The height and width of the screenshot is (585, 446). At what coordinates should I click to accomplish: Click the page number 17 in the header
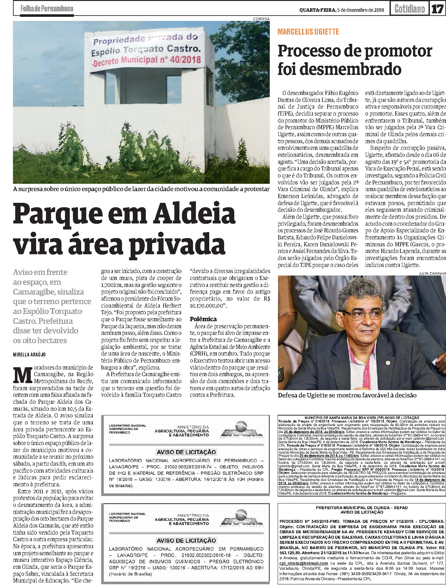tap(437, 9)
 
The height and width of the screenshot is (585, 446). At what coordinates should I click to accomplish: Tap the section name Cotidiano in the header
tap(410, 9)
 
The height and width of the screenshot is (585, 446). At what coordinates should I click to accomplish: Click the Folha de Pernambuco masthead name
tap(47, 9)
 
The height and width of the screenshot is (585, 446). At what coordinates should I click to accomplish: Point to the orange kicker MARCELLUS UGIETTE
tap(308, 32)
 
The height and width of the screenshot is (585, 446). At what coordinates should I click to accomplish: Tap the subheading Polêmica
tap(203, 319)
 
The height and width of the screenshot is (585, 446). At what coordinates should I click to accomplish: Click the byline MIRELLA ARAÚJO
tap(29, 355)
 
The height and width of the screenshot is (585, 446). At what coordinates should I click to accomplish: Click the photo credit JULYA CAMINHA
tap(432, 273)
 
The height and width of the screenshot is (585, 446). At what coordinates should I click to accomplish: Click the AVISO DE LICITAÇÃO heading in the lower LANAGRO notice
tap(186, 540)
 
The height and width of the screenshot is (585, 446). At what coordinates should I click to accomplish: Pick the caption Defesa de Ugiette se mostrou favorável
tap(347, 395)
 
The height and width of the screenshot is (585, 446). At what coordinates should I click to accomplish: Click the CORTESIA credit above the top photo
tap(261, 19)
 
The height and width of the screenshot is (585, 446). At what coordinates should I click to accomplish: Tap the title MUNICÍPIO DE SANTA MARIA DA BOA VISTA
tap(361, 418)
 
